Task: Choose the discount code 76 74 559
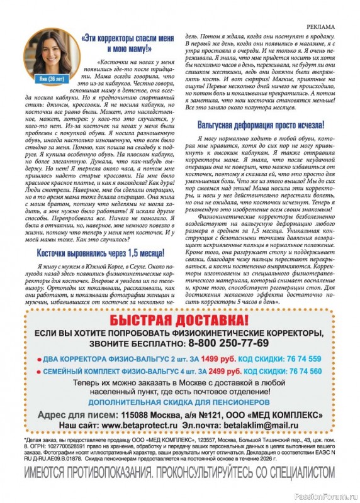coord(299,359)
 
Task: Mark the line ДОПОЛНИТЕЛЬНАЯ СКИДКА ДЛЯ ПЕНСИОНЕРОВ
coord(180,401)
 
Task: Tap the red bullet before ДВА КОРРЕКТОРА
coord(39,360)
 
